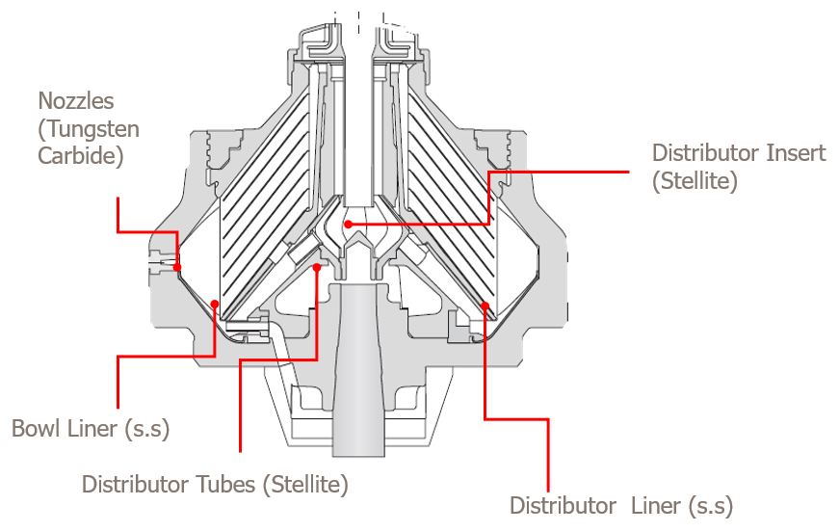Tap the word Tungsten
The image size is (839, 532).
click(89, 128)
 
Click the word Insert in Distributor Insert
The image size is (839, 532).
click(791, 152)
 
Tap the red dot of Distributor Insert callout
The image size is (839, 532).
click(349, 224)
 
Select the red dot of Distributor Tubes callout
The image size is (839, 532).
click(317, 269)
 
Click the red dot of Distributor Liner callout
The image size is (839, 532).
click(485, 306)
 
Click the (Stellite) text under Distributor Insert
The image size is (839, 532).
click(695, 180)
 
